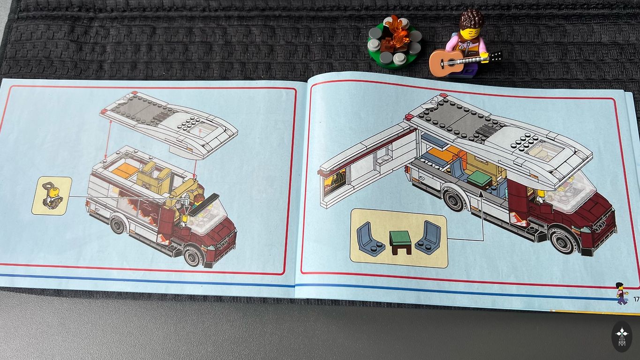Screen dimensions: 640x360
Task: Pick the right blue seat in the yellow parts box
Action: coord(428,237)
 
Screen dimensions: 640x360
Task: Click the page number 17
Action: coord(636,299)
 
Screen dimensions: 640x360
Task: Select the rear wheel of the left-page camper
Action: coord(118,225)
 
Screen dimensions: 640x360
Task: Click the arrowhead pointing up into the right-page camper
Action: coord(481,194)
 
